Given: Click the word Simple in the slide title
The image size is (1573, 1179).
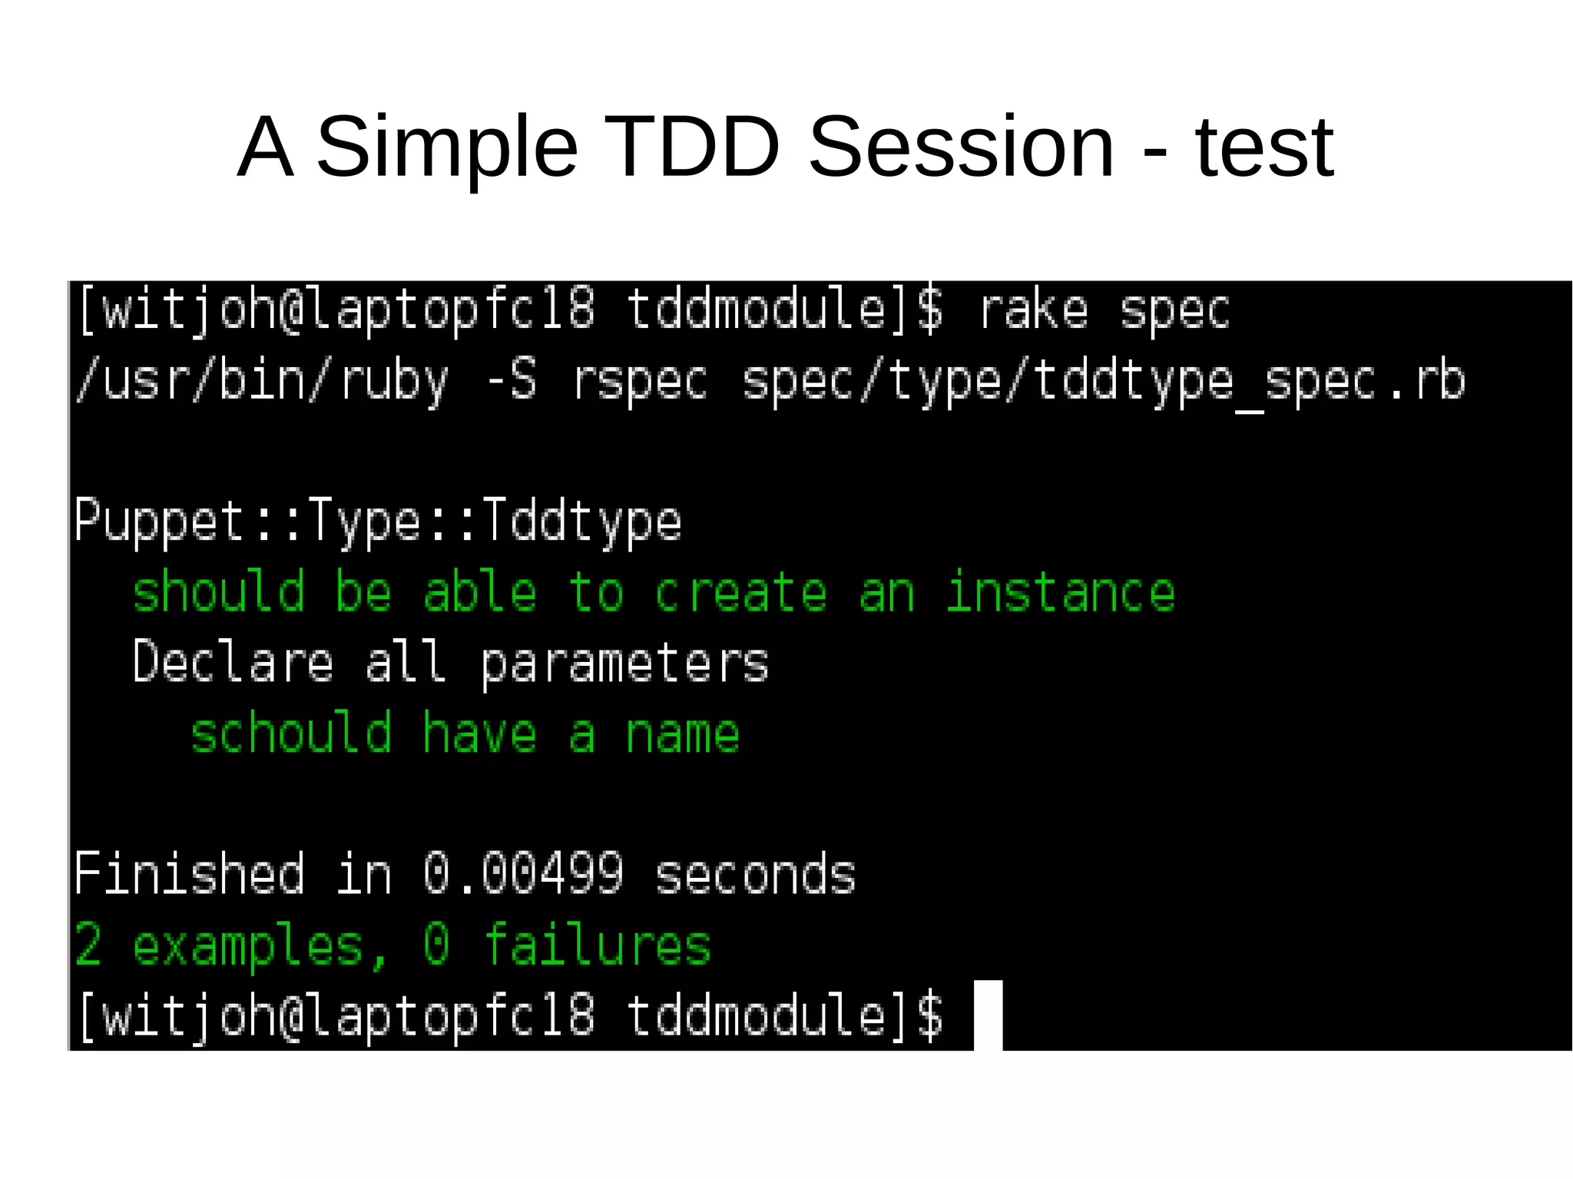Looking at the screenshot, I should (446, 148).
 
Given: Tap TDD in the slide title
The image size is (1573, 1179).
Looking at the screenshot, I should (691, 147).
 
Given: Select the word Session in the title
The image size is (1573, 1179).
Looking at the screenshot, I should (961, 147).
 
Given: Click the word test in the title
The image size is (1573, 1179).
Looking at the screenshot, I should (1264, 148).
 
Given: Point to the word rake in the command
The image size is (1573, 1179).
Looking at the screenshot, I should (1034, 311).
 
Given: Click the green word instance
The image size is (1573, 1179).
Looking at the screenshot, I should (1060, 593).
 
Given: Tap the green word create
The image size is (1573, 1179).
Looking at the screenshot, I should (740, 593).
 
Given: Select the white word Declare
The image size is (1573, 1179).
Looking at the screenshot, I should (233, 663).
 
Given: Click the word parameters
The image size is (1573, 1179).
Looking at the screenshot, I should (624, 663).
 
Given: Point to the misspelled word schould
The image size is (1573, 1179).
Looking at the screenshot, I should (291, 734).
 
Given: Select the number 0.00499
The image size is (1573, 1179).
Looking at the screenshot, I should (523, 874).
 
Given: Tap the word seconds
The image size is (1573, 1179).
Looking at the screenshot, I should (755, 874).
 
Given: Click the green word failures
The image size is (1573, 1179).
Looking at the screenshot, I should (597, 945).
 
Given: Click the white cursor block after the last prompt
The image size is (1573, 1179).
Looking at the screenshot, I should (988, 1015).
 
